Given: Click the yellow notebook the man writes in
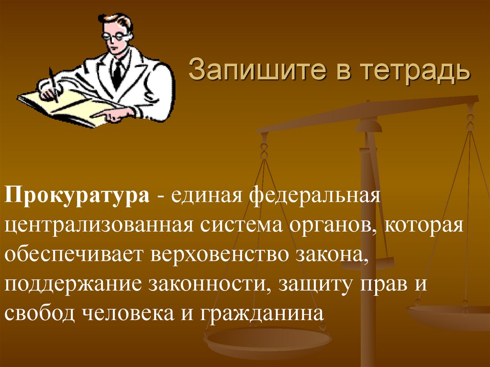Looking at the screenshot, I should [72, 108].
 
